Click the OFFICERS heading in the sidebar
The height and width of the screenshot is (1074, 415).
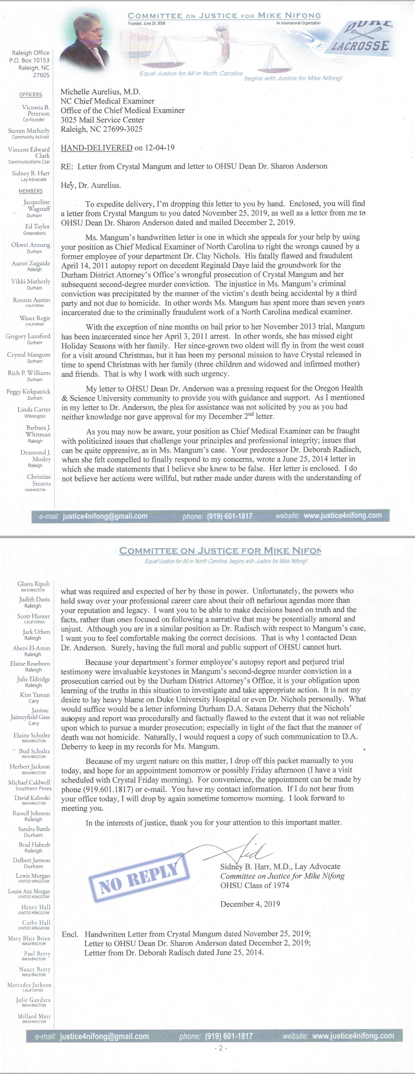tap(31, 94)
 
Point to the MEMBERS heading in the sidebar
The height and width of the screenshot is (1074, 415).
tap(31, 191)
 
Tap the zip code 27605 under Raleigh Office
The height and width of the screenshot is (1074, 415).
tap(41, 75)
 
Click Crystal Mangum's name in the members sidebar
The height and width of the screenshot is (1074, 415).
tap(29, 354)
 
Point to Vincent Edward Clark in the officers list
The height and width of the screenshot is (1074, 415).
tap(29, 152)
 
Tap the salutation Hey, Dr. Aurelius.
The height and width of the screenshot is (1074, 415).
tap(90, 185)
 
